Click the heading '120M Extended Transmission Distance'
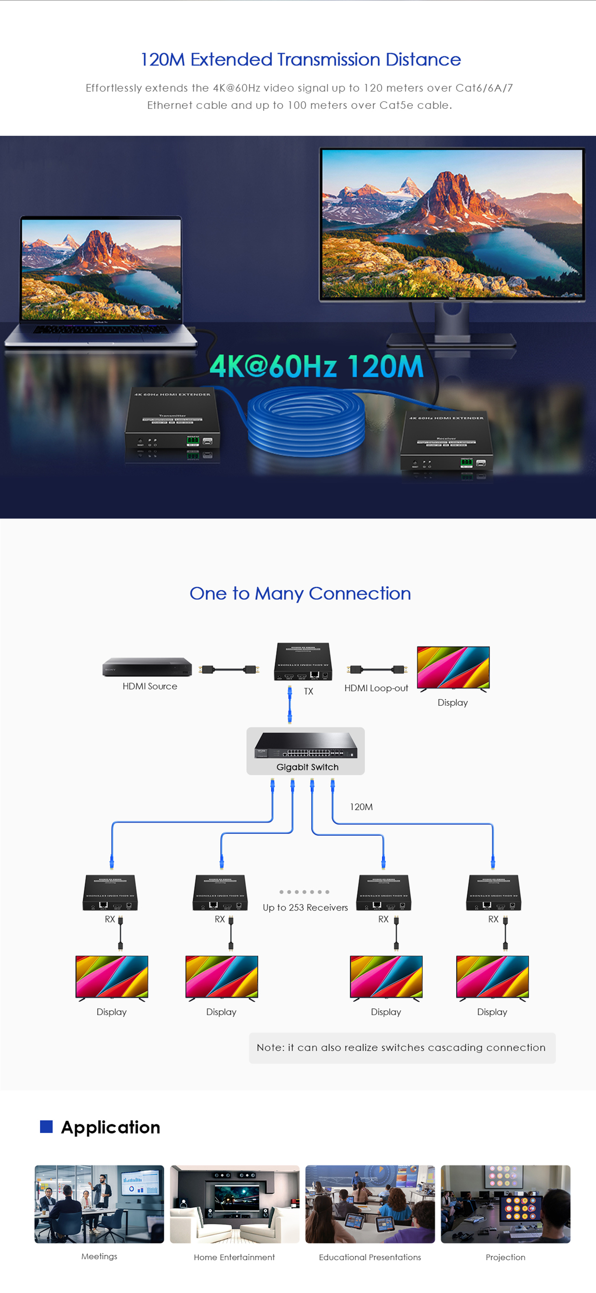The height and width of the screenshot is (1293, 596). coord(300,60)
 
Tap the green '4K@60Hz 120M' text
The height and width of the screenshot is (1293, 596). coord(317,366)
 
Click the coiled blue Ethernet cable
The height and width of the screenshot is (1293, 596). coord(306,421)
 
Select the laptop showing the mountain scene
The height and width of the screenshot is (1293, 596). coord(101,281)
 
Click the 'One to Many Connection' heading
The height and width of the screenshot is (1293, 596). coord(300,594)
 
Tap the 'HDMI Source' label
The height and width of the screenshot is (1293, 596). coord(150,686)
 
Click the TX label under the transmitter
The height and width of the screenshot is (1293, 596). coord(308,691)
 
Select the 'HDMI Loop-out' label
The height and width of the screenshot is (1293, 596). coord(376,688)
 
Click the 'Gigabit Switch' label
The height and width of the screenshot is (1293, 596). coord(307,767)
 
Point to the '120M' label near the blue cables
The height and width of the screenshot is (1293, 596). coord(361,806)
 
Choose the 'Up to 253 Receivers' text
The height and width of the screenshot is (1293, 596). coord(305,908)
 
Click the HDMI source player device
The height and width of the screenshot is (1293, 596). coord(147,667)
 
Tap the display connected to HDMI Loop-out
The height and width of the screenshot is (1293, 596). coord(453,667)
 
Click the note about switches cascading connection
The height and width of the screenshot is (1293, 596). coord(401,1047)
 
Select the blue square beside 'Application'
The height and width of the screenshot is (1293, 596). coord(46,1126)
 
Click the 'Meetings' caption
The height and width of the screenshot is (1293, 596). coord(99,1256)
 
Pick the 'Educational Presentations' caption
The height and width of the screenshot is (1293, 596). coord(370,1257)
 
